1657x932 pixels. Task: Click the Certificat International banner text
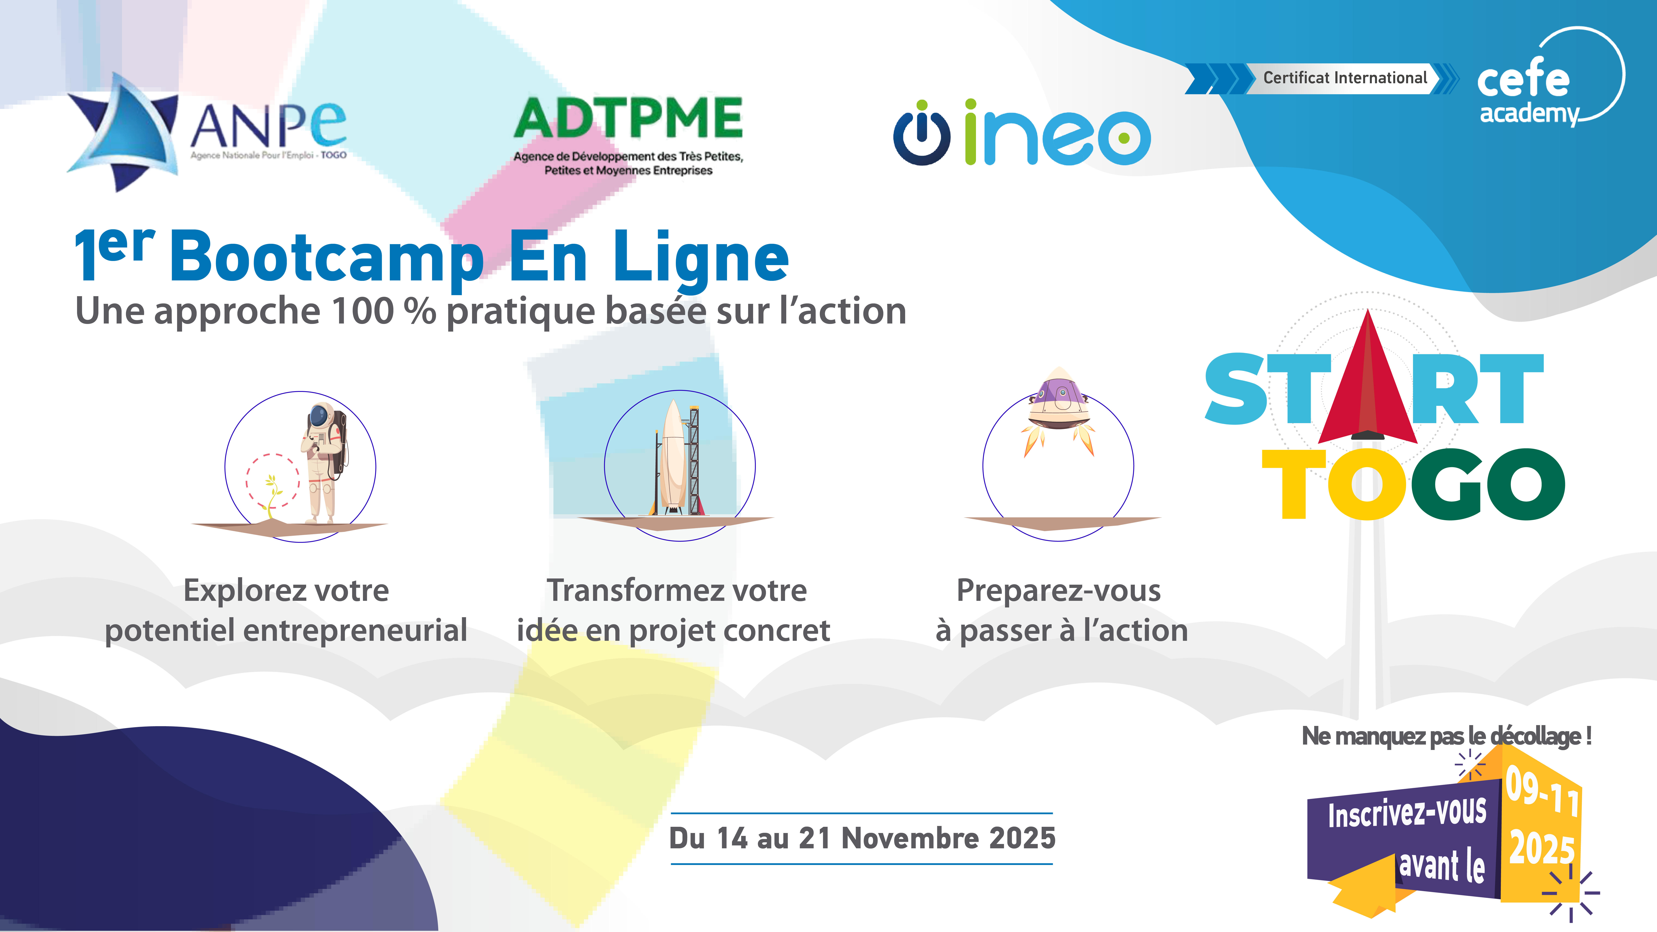(1345, 78)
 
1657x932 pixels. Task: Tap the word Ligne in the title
(701, 257)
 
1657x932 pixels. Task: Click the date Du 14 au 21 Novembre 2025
(862, 838)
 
